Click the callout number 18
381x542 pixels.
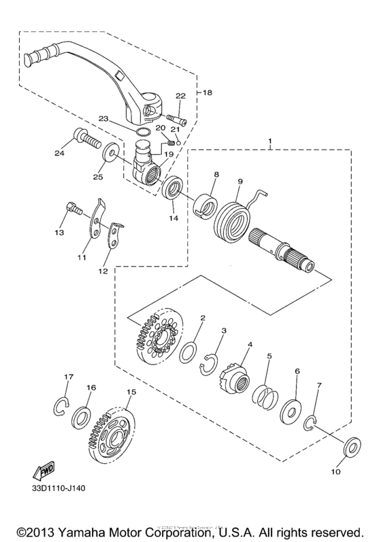pos(208,90)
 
